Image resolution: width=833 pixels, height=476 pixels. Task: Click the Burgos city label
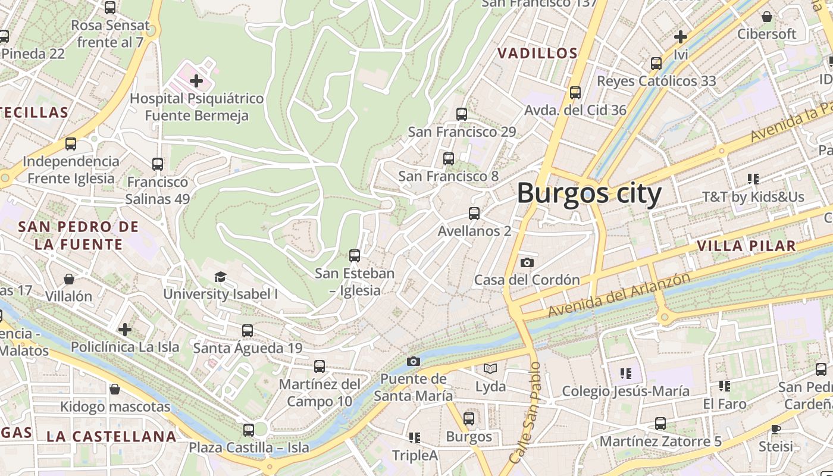click(589, 194)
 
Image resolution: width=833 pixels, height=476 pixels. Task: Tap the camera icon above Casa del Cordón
click(527, 262)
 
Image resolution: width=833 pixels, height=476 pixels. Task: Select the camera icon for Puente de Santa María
click(414, 361)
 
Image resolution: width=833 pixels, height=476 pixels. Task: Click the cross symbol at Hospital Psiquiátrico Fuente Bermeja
click(196, 80)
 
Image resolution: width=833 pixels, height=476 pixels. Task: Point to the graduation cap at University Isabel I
click(221, 277)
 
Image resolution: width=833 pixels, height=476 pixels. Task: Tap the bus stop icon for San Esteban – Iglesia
click(355, 256)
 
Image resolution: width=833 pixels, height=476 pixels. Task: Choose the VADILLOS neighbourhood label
click(537, 54)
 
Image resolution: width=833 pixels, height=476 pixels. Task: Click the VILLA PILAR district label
click(746, 246)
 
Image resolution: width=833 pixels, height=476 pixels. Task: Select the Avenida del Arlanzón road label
click(619, 296)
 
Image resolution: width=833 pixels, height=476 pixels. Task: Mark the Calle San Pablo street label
click(525, 413)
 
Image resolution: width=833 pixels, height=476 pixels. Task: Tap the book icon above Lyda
click(490, 369)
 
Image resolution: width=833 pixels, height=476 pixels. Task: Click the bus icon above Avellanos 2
click(474, 214)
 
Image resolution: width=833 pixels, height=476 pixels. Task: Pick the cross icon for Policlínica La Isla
click(125, 329)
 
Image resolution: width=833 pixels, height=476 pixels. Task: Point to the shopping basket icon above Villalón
click(69, 279)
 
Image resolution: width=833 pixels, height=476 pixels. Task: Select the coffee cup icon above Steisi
click(776, 428)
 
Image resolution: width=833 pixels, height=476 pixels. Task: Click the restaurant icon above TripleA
click(415, 438)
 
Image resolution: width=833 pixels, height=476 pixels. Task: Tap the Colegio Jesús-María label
click(626, 391)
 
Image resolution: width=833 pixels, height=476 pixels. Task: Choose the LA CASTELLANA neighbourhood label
click(112, 436)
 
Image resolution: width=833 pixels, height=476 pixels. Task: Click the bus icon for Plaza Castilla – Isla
click(249, 430)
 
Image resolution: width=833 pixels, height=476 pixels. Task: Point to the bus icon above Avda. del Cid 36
click(575, 93)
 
